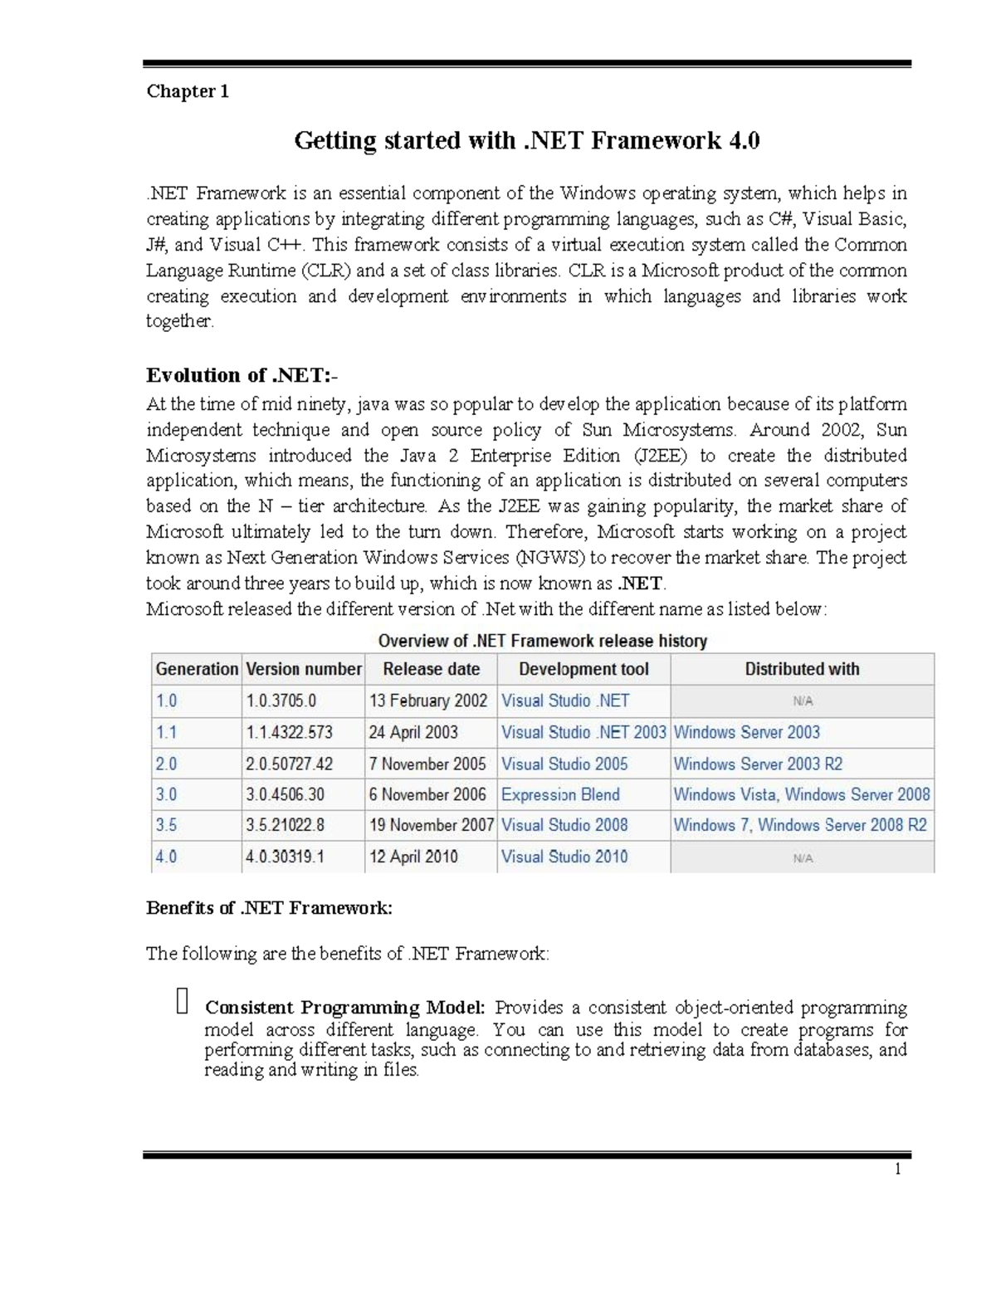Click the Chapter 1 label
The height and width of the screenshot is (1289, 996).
(x=188, y=91)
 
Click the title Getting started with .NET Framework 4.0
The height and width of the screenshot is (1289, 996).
(x=527, y=140)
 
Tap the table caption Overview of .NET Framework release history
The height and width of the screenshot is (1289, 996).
(x=543, y=641)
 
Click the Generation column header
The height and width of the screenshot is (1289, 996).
(x=197, y=669)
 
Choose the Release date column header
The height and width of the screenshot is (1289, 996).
(x=431, y=669)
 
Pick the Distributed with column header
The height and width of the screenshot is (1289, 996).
(x=802, y=669)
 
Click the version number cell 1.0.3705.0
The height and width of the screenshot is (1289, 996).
(x=281, y=701)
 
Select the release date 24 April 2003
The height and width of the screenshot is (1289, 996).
(x=413, y=732)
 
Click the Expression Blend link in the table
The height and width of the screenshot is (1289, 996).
(x=560, y=794)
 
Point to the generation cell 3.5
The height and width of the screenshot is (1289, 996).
(x=166, y=825)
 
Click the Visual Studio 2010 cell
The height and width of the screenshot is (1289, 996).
(x=564, y=857)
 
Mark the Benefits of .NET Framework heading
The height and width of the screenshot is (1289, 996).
(x=269, y=908)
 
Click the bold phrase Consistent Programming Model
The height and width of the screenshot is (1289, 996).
(x=344, y=1008)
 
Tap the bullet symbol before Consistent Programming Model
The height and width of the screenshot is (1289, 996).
(x=183, y=1002)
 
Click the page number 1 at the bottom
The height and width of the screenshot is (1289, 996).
(x=897, y=1169)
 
